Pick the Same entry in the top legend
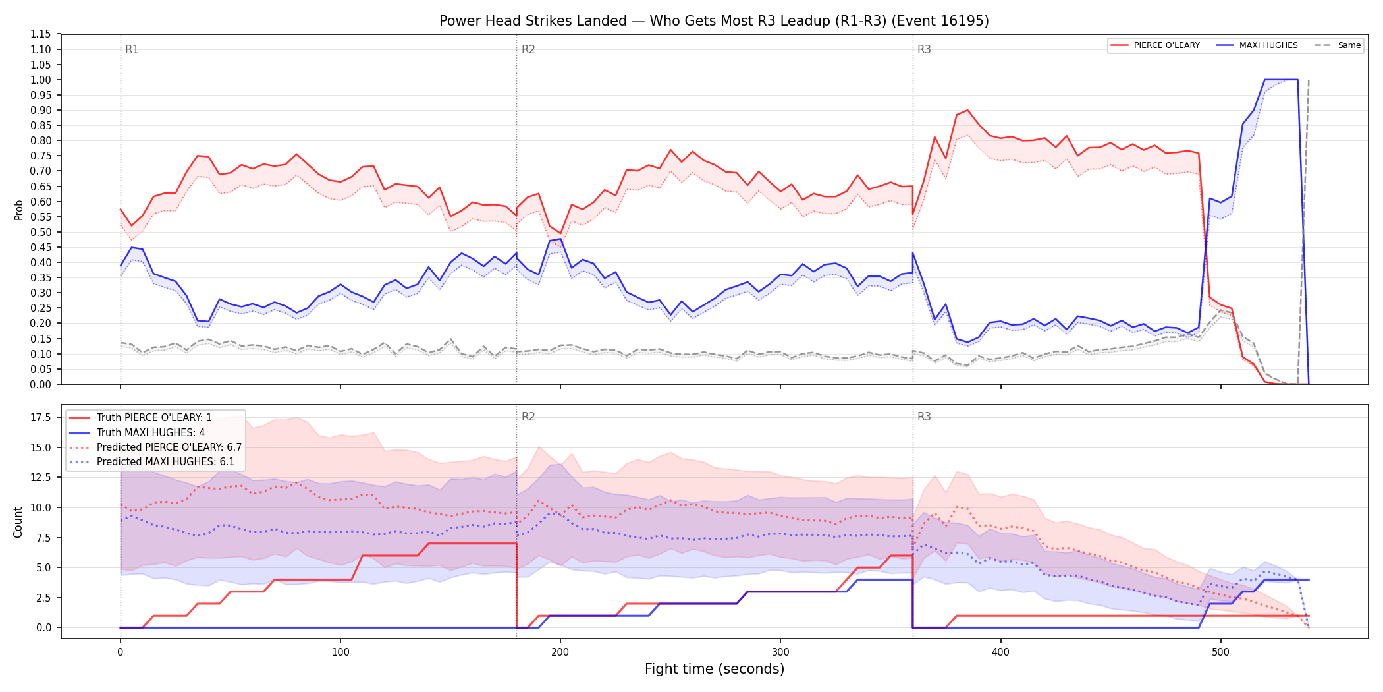pos(1338,45)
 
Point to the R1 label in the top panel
pos(132,49)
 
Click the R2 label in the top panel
pos(528,49)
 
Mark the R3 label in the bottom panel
pos(924,417)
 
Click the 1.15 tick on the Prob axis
pos(41,34)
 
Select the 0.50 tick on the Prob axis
pos(41,232)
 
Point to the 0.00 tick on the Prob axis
pos(41,384)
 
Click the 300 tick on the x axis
pos(780,652)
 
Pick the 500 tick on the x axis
pos(1220,652)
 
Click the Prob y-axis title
pos(18,210)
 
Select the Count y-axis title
pos(18,522)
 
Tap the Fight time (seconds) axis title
pos(715,669)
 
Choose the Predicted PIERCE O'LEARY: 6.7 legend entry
pos(155,447)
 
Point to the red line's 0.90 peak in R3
pos(967,110)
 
